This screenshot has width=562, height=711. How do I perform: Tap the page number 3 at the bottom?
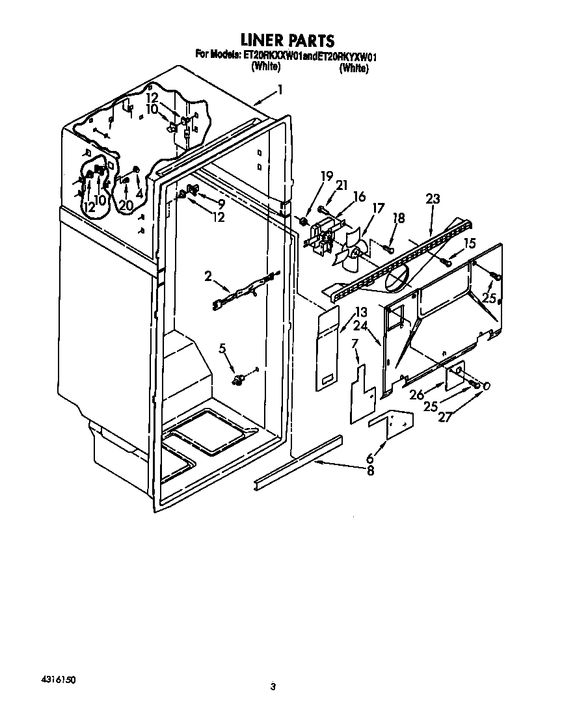(x=274, y=686)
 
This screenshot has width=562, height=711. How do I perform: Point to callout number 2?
(x=208, y=276)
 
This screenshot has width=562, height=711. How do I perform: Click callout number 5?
(x=222, y=349)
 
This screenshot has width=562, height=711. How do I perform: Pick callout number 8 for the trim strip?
(x=371, y=471)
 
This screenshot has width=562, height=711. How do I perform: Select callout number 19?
(x=327, y=175)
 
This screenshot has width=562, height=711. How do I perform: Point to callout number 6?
(x=371, y=458)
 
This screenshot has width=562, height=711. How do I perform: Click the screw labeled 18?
(x=389, y=248)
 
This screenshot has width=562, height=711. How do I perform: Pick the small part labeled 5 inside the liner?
(x=240, y=377)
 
